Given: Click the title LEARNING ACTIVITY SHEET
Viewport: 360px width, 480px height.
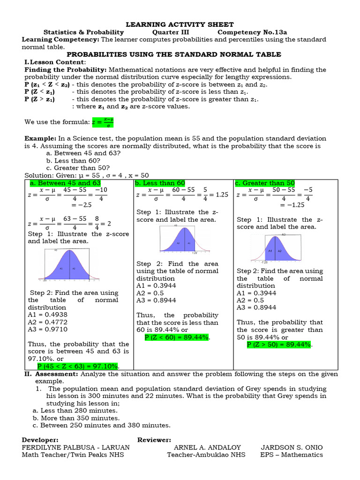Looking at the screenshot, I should [180, 24].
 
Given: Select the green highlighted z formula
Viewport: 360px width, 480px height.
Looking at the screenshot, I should [103, 122].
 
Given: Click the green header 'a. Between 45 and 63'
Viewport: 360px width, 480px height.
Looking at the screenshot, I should [65, 183].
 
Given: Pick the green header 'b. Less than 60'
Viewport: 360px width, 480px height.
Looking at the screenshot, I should [160, 183].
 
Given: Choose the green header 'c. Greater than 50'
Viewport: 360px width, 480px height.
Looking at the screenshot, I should [265, 183].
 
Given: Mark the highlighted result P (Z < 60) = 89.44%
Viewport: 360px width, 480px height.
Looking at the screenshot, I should [177, 337].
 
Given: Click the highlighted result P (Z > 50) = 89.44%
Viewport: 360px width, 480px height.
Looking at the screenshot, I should [279, 345].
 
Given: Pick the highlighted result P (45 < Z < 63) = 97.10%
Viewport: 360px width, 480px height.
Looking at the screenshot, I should [78, 366].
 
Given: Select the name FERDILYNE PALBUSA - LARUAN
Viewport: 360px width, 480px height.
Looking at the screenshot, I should [76, 447].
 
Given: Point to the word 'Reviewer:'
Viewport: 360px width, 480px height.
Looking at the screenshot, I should [154, 440].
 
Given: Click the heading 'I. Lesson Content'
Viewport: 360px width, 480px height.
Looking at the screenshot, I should [55, 62].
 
